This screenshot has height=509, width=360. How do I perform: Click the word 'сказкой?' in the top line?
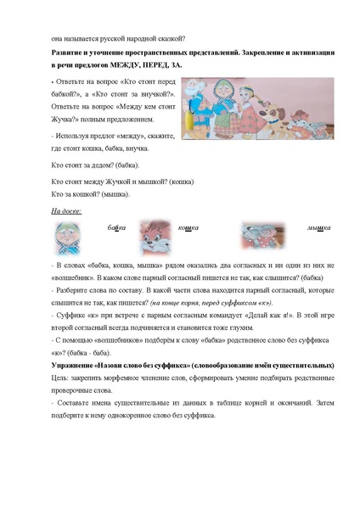pos(171,38)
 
